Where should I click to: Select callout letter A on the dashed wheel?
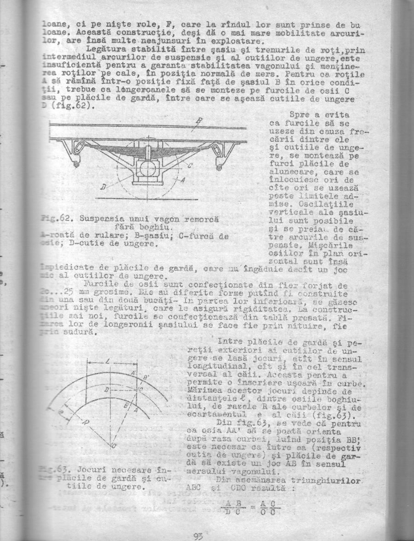(181, 180)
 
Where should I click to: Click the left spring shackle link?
(79, 148)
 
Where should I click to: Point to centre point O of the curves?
(114, 446)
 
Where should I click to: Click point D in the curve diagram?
(106, 390)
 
